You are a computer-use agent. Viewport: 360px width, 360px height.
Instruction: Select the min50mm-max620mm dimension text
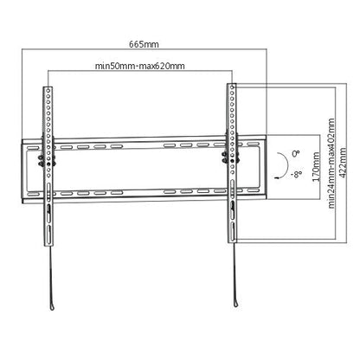141,66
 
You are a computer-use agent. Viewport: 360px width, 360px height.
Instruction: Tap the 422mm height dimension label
344,160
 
